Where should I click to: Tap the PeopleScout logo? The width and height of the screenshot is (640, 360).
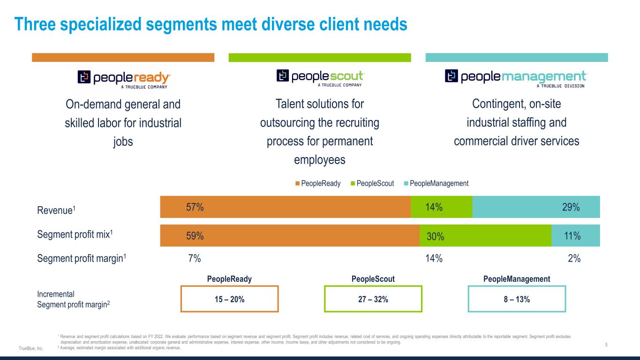tap(320, 78)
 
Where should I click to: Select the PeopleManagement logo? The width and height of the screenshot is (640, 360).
tap(516, 78)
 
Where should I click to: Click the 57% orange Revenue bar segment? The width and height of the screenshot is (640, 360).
tap(285, 207)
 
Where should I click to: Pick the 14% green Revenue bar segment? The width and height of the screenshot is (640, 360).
tap(441, 207)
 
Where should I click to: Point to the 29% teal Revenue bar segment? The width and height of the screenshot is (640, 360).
tap(536, 207)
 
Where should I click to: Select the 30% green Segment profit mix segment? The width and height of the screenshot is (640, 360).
tap(485, 236)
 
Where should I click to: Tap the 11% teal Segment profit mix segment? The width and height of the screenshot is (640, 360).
tap(575, 236)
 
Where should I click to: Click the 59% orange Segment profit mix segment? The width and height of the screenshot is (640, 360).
tap(289, 236)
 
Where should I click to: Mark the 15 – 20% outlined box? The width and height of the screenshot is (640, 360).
tap(229, 299)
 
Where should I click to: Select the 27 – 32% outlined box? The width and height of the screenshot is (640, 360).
tap(373, 299)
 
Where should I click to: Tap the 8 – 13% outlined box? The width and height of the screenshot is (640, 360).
tap(517, 299)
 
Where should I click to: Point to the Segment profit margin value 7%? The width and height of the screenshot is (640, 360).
tap(195, 258)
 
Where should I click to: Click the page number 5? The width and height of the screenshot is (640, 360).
tap(606, 345)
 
